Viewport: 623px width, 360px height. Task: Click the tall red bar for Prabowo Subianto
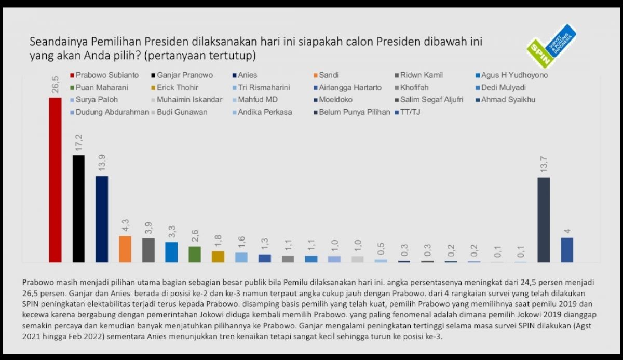click(x=55, y=180)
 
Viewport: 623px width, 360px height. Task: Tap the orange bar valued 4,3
click(x=125, y=249)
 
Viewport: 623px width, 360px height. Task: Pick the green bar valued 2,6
click(x=195, y=254)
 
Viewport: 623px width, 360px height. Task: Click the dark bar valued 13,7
click(x=544, y=220)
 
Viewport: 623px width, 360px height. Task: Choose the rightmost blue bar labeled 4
click(x=567, y=250)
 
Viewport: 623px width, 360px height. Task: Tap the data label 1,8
click(x=218, y=241)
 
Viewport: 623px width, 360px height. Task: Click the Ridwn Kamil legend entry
click(x=421, y=75)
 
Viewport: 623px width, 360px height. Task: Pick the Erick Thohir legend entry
click(x=177, y=87)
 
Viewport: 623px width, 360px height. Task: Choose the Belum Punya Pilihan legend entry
click(x=353, y=112)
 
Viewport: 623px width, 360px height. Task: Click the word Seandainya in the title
click(x=52, y=41)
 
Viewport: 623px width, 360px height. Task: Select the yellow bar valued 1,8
click(x=218, y=257)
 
